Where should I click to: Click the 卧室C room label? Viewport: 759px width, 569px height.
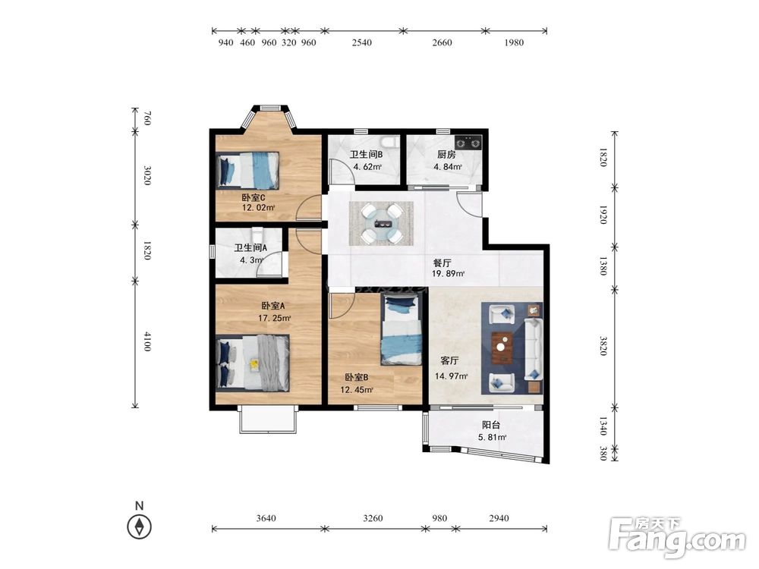click(254, 198)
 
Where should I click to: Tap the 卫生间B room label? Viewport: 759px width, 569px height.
click(367, 155)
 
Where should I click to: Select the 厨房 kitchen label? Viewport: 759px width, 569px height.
click(446, 155)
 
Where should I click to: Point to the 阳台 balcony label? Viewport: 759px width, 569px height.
click(491, 426)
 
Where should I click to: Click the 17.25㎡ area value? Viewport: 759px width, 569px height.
click(275, 319)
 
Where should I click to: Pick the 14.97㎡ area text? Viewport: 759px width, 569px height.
click(451, 376)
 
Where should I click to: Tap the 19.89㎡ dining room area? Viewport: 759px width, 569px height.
click(449, 274)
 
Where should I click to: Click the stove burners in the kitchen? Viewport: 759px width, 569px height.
click(468, 143)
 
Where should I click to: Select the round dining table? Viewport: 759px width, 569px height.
click(382, 223)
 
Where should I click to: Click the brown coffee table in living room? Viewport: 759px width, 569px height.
click(503, 347)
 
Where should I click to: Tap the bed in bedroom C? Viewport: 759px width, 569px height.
click(248, 170)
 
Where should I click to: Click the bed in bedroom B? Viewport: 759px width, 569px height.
click(402, 330)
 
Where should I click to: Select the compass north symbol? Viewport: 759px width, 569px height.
click(140, 527)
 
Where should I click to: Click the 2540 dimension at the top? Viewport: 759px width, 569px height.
click(361, 42)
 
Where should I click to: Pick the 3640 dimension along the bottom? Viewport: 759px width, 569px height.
click(266, 518)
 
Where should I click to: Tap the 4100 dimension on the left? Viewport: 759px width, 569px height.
click(147, 341)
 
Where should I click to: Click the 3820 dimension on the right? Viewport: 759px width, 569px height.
click(603, 346)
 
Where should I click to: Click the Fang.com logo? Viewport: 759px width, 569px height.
click(677, 538)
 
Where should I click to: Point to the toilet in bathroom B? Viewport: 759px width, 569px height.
click(390, 142)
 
